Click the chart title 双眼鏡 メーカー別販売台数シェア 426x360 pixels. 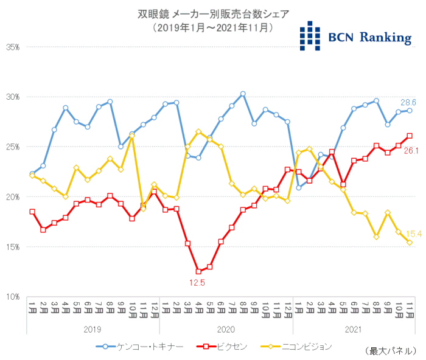(212, 13)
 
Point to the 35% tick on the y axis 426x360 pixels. (13, 47)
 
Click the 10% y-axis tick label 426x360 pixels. (13, 297)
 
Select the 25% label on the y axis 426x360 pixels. (13, 147)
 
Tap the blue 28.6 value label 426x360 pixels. (407, 102)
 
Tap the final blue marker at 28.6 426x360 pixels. (410, 110)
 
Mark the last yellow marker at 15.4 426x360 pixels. (410, 243)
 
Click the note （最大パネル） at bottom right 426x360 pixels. (388, 351)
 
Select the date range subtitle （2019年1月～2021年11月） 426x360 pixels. (212, 27)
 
